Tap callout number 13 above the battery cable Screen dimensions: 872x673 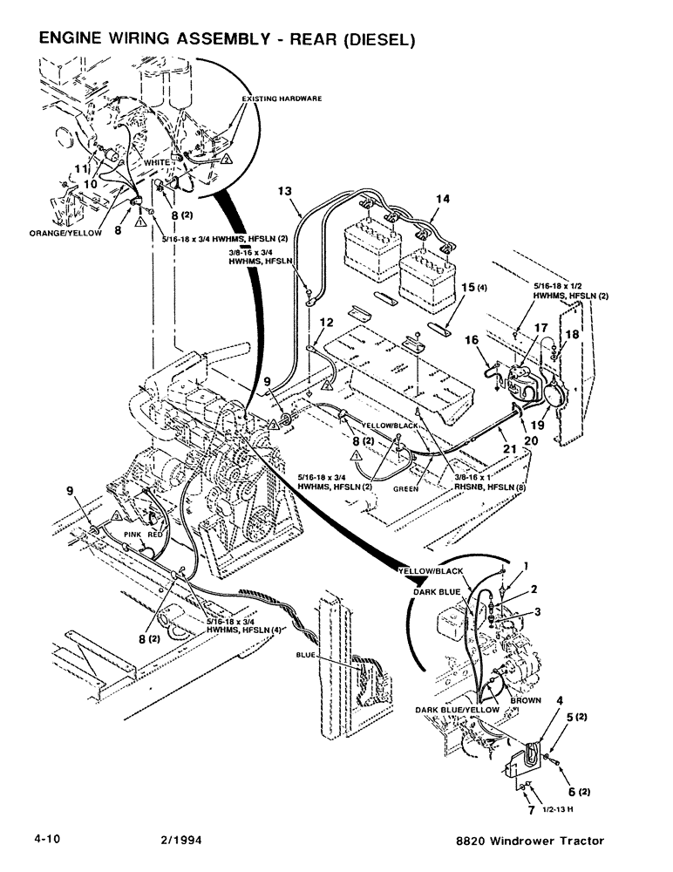click(283, 189)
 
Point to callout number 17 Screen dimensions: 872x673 click(542, 327)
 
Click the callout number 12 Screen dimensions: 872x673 click(324, 322)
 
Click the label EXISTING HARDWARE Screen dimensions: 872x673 click(282, 99)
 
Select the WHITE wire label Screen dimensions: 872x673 click(157, 163)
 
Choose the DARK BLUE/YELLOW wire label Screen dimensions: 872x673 click(458, 710)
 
